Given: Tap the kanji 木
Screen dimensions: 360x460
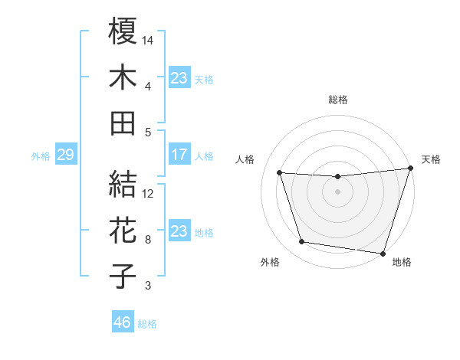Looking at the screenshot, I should click(x=123, y=78).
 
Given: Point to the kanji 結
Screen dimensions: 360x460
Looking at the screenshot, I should click(x=123, y=184).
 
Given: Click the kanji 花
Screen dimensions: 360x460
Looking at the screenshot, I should click(x=123, y=231).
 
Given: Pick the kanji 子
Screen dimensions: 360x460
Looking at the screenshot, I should click(x=123, y=277).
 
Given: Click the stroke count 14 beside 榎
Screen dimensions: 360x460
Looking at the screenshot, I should click(x=149, y=39).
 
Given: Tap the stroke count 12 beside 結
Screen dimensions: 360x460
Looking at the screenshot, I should click(x=149, y=193).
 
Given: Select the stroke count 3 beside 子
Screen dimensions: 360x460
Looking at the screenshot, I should click(x=148, y=286).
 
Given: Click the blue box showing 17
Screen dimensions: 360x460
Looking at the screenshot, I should click(x=179, y=155).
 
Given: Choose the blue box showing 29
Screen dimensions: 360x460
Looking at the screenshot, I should click(x=65, y=155).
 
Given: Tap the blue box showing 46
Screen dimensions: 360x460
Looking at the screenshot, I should click(x=123, y=323).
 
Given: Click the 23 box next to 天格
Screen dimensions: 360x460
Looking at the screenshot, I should click(x=179, y=78).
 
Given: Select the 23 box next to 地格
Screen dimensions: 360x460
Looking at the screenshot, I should click(x=179, y=231).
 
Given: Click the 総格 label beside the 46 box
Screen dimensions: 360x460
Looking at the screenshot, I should click(x=148, y=324).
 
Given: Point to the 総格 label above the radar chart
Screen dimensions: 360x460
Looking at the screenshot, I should click(x=338, y=100).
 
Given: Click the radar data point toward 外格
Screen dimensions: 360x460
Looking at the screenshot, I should click(x=301, y=242).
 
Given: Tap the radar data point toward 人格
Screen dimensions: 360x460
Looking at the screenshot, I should click(x=280, y=173).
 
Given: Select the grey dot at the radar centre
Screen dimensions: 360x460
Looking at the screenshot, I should click(x=337, y=191).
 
